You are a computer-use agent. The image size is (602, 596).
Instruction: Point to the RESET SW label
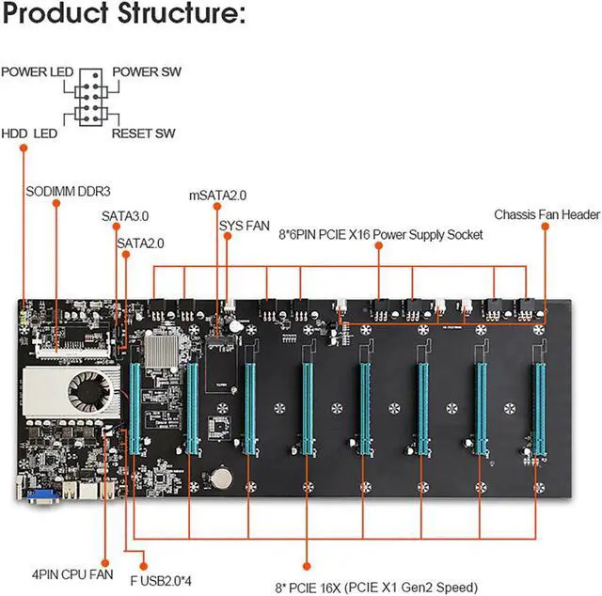tap(144, 133)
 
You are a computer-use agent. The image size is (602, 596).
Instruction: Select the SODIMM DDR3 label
tap(61, 190)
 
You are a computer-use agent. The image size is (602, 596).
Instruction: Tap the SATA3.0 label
tap(126, 215)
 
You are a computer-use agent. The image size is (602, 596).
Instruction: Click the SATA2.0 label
tap(141, 243)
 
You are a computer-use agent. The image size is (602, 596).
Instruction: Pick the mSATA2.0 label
tap(217, 196)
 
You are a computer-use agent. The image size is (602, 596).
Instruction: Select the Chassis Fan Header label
tap(547, 215)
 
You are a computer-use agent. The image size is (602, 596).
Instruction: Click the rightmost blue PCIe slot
tap(540, 409)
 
